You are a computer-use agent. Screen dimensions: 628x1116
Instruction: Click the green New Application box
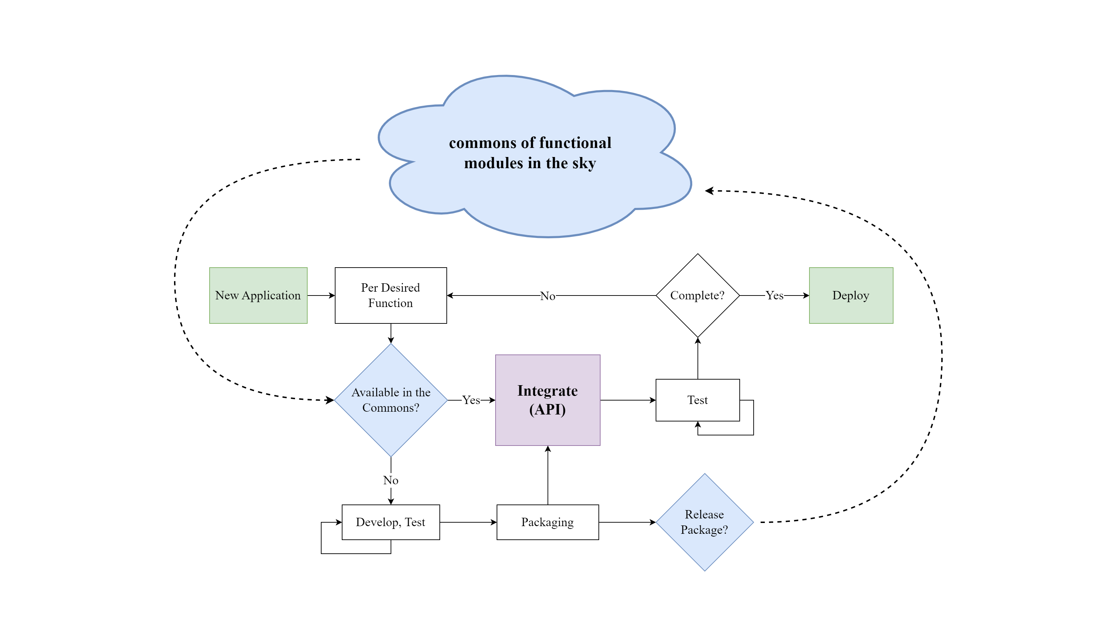click(x=258, y=295)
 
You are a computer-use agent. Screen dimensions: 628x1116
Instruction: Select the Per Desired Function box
click(x=390, y=295)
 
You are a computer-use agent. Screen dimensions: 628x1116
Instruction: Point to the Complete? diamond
click(x=697, y=295)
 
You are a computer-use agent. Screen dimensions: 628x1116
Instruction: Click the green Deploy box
click(x=851, y=295)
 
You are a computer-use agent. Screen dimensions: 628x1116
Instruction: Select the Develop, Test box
click(x=390, y=522)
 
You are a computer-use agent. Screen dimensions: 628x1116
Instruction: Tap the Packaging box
click(x=548, y=522)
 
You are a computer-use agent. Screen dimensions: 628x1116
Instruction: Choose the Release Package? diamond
click(x=704, y=522)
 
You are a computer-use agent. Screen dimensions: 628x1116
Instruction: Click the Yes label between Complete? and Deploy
click(x=774, y=296)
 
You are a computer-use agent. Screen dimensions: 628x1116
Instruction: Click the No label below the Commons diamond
click(x=390, y=480)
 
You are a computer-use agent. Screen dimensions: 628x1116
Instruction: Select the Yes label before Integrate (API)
click(x=471, y=400)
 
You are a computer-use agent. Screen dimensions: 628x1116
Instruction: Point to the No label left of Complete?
click(x=548, y=296)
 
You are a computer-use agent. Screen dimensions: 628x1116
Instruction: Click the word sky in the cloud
click(x=583, y=163)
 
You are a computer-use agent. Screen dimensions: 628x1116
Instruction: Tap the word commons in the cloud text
click(x=482, y=143)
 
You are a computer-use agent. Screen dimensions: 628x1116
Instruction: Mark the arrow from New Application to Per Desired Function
click(x=321, y=296)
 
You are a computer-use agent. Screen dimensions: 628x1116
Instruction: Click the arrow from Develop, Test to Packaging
click(x=468, y=522)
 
